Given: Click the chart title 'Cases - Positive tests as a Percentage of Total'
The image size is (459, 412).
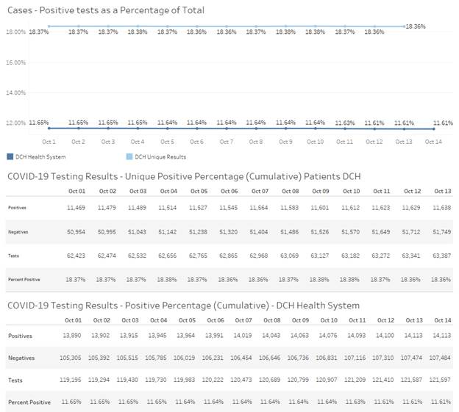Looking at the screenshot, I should (x=104, y=10).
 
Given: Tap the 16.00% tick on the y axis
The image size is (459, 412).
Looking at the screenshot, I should (x=16, y=62).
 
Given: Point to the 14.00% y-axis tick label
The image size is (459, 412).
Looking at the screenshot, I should (x=16, y=93).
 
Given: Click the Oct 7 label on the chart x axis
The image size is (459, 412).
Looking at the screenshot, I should (x=226, y=142).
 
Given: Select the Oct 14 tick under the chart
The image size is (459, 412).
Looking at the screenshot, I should (x=433, y=142).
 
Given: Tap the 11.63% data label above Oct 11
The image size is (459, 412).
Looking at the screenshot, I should (x=344, y=123).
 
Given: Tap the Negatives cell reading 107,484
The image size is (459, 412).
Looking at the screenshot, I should (x=440, y=358).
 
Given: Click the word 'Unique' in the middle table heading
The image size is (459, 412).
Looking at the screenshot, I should (x=159, y=176).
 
